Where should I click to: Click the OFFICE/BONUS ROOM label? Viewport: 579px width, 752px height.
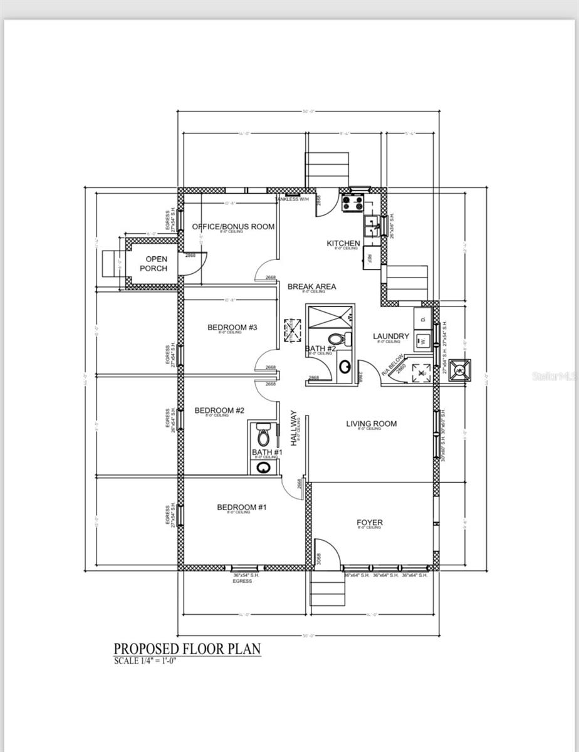pos(232,226)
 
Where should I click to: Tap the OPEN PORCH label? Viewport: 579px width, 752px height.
pos(153,263)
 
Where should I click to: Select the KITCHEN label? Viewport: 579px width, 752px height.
pos(343,243)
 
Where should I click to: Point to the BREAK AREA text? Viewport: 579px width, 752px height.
pos(311,286)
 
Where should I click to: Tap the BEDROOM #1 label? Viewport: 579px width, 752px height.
pos(242,507)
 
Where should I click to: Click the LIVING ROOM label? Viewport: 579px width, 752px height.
pos(371,424)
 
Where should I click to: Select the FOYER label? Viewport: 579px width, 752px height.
pos(369,523)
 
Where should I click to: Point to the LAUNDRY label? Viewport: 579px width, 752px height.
pos(390,336)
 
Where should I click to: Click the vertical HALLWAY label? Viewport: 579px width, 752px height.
pos(293,427)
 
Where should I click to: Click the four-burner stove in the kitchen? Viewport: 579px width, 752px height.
pos(353,202)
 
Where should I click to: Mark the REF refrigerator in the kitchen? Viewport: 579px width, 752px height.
pos(370,257)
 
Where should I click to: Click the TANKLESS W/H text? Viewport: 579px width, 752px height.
pos(291,200)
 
